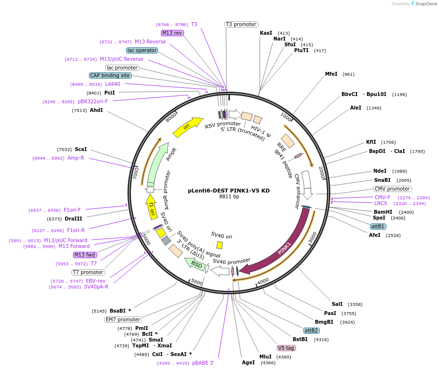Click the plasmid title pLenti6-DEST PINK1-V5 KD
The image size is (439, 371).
(228, 190)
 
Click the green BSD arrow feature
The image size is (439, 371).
(195, 263)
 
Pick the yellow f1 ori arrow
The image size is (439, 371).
(152, 205)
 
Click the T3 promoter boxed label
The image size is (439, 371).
(241, 24)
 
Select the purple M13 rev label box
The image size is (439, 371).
(172, 33)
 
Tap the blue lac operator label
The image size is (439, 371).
(142, 50)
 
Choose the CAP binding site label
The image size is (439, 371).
(110, 75)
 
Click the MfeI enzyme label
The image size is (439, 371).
(331, 74)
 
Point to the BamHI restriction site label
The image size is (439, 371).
(383, 212)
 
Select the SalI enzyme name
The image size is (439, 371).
(337, 304)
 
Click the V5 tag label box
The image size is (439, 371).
(286, 348)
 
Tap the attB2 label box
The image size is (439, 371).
(311, 330)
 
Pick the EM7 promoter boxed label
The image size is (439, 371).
(123, 319)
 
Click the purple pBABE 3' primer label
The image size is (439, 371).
(203, 363)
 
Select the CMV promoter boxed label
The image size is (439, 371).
(392, 189)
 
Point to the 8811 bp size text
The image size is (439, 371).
(229, 197)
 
